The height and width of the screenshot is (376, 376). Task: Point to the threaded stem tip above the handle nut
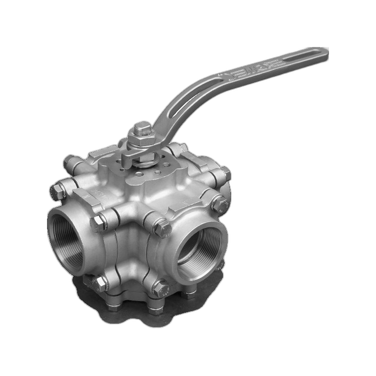tap(142, 128)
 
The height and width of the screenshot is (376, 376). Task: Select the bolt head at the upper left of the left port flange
tap(57, 191)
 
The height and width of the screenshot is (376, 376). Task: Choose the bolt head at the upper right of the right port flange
tap(219, 203)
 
